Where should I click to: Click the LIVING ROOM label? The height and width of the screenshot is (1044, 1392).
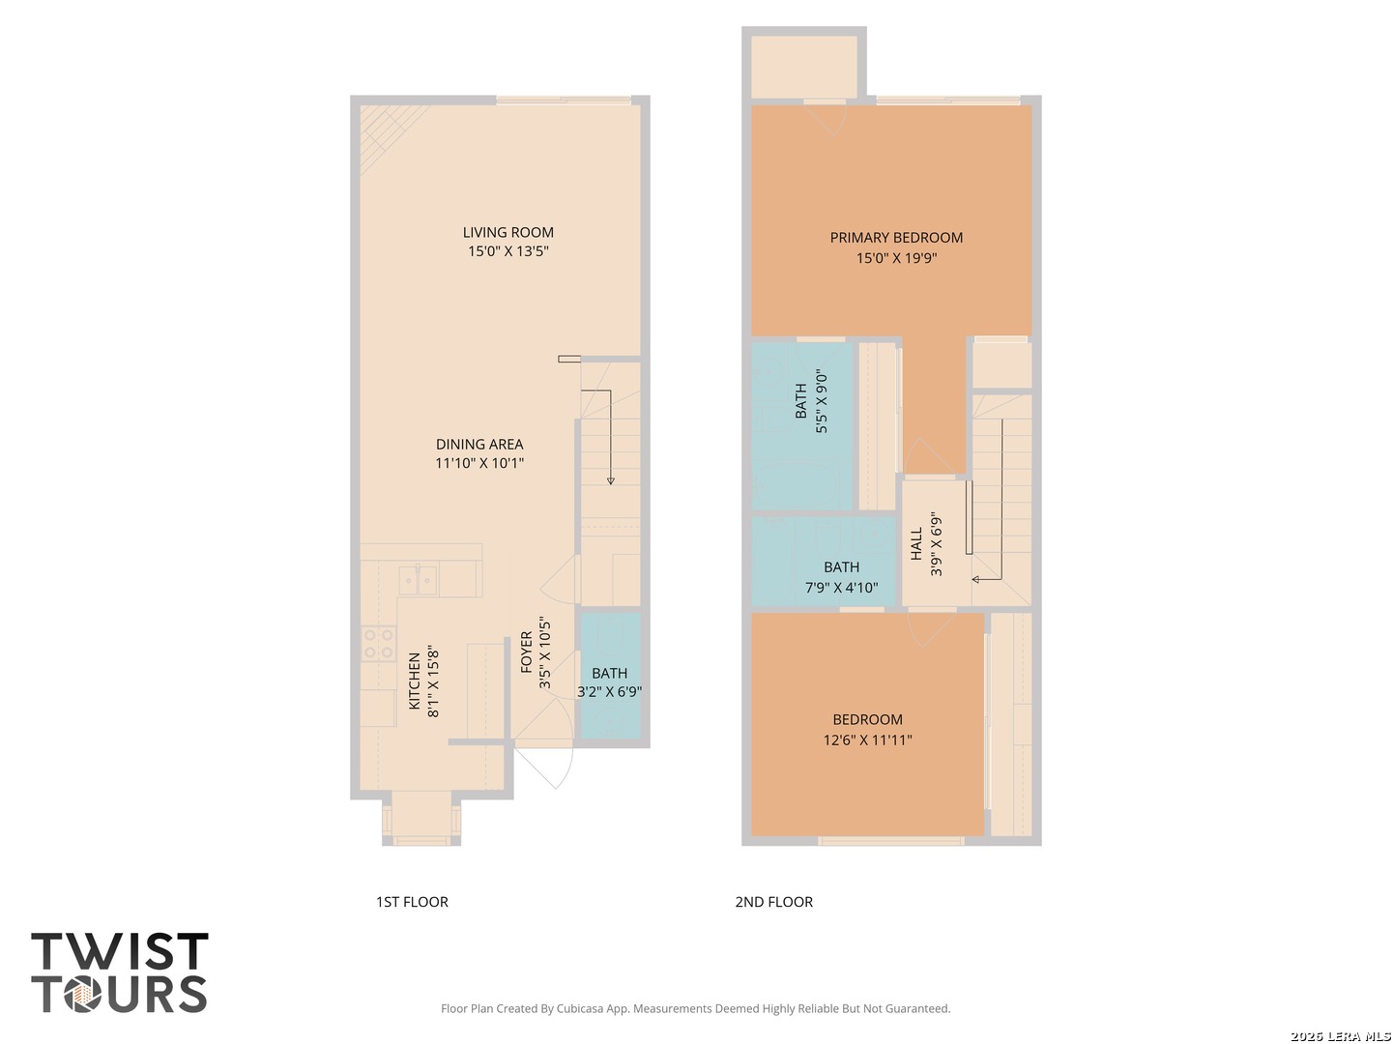[507, 232]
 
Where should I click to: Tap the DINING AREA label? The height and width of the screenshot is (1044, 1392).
[479, 445]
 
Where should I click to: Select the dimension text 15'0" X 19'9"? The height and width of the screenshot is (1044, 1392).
[896, 258]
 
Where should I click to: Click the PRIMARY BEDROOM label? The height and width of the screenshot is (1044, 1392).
[896, 238]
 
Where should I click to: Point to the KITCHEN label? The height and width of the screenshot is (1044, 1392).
[415, 681]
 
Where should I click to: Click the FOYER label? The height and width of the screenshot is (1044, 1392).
[527, 652]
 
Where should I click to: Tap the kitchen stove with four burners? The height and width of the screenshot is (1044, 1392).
[378, 644]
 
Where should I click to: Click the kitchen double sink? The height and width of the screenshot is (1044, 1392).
[419, 580]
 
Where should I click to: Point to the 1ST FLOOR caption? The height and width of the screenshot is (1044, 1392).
[412, 902]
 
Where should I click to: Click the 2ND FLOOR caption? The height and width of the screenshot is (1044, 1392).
[773, 902]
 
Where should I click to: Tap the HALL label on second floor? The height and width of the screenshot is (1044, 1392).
[916, 544]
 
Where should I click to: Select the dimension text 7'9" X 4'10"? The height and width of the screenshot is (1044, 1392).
[841, 588]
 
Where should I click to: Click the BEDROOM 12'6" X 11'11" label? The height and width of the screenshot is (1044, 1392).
[867, 720]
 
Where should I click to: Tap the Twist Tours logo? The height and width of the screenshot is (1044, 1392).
[120, 972]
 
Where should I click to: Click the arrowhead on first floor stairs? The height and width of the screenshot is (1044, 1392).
[610, 480]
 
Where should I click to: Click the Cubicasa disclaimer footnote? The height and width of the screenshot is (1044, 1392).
[695, 1008]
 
